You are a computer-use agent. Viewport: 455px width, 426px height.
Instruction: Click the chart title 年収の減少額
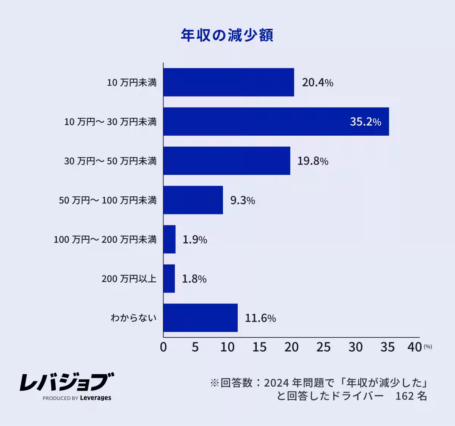tap(227, 35)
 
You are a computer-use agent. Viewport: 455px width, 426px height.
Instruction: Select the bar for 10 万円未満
tap(229, 82)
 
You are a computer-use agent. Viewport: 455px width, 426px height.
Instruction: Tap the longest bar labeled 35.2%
tap(276, 121)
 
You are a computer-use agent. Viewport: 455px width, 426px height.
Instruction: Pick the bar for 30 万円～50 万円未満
tap(227, 161)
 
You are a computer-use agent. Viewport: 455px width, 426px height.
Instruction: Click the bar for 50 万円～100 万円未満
tap(193, 200)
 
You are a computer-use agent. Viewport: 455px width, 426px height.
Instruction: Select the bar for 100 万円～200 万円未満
tap(169, 239)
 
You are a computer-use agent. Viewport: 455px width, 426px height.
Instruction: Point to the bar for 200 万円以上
tap(169, 279)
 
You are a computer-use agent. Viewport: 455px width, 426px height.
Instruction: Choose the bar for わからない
tap(201, 318)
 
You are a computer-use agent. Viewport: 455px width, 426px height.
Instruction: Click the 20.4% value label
tap(317, 83)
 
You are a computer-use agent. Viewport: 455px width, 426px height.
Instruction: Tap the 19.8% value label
tap(312, 161)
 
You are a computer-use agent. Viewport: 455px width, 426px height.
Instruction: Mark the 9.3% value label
tap(242, 200)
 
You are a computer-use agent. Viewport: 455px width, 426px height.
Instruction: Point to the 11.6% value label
tap(260, 318)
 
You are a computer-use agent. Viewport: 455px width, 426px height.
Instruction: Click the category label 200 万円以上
tap(129, 279)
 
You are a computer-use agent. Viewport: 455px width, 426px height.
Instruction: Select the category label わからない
tap(133, 318)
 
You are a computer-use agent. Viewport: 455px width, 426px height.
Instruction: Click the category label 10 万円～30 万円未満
tap(110, 122)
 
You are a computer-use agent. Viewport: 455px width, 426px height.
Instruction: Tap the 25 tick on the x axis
tap(323, 347)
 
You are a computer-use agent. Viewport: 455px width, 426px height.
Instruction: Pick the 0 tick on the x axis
tap(163, 347)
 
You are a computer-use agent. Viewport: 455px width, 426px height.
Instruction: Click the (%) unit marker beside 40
tap(428, 346)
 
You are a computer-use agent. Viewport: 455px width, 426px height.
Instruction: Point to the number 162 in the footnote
tap(404, 396)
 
